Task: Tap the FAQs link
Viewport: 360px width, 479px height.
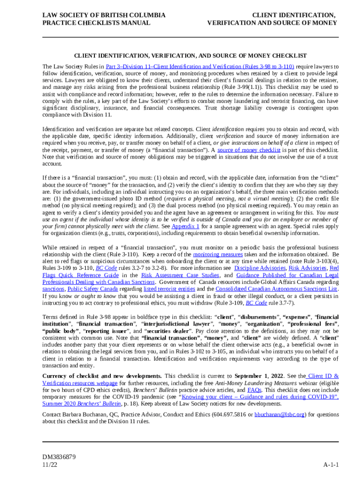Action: coord(254,390)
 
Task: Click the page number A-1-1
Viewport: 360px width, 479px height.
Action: coord(331,464)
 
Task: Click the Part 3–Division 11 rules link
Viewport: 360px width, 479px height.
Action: coord(200,67)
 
